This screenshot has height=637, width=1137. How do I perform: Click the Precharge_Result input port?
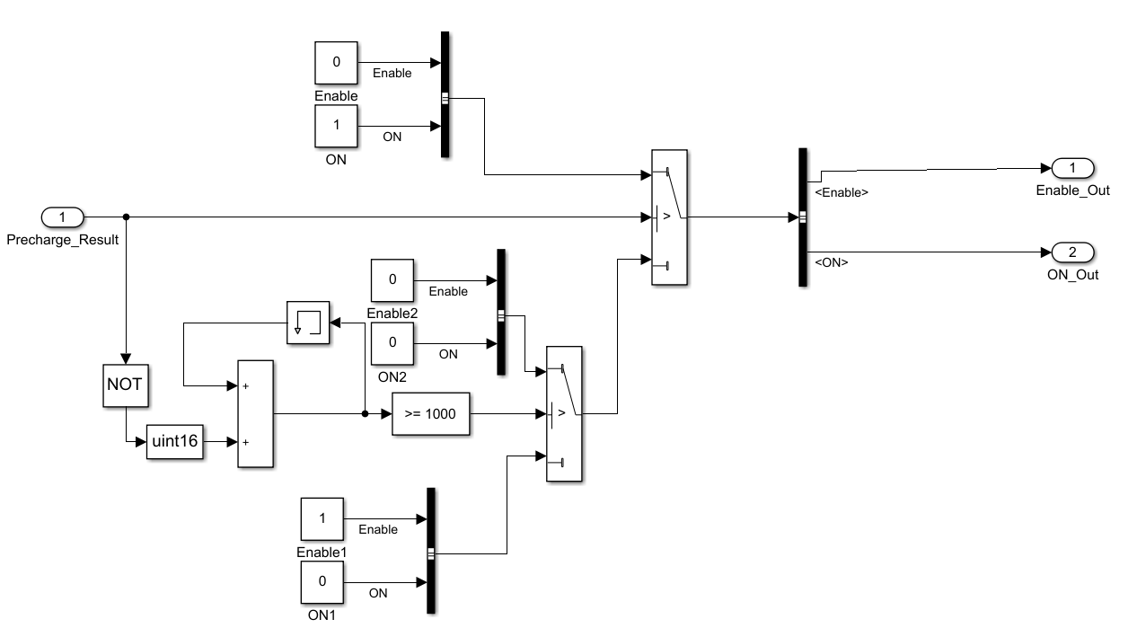(62, 217)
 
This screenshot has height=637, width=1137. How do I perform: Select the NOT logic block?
(124, 384)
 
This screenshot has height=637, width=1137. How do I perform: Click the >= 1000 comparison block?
(430, 414)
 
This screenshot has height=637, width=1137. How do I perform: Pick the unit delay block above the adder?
(308, 323)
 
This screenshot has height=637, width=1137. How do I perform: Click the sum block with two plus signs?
(255, 414)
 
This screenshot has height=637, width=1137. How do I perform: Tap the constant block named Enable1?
(322, 519)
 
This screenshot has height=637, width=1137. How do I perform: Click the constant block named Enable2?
(392, 280)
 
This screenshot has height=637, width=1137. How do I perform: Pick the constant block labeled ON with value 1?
(336, 126)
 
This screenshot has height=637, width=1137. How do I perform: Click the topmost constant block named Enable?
(336, 63)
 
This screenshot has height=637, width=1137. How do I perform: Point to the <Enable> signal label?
(841, 192)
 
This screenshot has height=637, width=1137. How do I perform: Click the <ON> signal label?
(831, 262)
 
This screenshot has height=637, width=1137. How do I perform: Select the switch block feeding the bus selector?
(669, 217)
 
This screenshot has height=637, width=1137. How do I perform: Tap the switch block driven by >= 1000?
(564, 414)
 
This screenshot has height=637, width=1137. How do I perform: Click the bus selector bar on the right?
(803, 217)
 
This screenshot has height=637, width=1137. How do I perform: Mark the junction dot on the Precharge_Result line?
(126, 217)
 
